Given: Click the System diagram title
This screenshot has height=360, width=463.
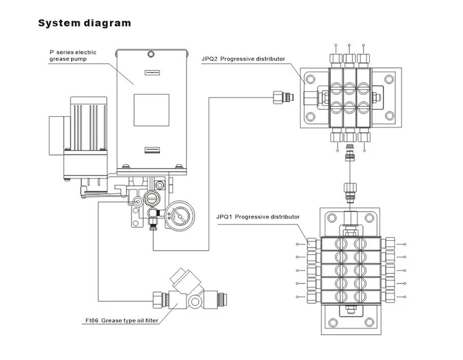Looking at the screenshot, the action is pos(85,23).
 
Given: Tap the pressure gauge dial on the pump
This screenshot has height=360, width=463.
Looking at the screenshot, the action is pos(180,216).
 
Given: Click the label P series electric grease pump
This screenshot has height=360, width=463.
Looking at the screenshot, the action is pos(73,56).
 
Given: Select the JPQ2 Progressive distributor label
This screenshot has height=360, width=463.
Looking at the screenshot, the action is pos(243,59).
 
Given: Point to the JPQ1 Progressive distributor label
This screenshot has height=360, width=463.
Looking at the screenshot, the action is pos(258,217).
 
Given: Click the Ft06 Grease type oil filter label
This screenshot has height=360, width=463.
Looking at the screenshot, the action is pos(122,320).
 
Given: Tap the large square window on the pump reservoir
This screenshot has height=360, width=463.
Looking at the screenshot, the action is pos(151,110).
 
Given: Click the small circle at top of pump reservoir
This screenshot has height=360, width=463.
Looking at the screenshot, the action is pos(151,54).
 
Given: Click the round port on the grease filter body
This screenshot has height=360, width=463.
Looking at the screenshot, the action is pos(195,301).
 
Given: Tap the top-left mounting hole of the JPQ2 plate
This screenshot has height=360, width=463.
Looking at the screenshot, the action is pos(311,79).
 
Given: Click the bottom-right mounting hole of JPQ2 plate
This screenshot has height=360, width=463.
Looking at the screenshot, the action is pos(390,116).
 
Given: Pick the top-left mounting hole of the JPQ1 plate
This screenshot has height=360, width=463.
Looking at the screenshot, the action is pos(332,218).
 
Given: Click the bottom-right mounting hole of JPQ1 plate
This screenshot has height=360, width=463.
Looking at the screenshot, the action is pos(369,322).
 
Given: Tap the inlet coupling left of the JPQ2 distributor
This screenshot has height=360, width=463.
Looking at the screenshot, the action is pos(283,97).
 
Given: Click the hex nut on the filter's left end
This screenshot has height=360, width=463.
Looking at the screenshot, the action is pos(158,300).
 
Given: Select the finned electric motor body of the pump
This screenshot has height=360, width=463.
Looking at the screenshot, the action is pos(88,123).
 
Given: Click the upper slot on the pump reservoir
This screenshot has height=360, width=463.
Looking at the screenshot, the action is pos(152,73).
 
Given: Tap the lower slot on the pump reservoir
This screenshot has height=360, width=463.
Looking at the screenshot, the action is pos(152,150).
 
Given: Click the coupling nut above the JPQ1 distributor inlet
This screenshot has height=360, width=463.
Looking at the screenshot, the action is pos(350,188).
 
